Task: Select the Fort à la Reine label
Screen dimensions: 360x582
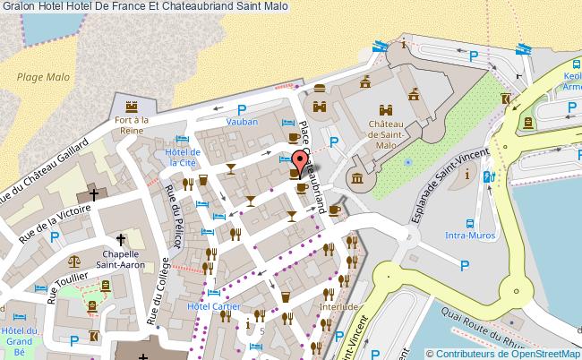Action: (131, 124)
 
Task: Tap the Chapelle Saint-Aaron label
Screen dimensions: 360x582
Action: (122, 258)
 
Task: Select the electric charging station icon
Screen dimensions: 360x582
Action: (488, 177)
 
